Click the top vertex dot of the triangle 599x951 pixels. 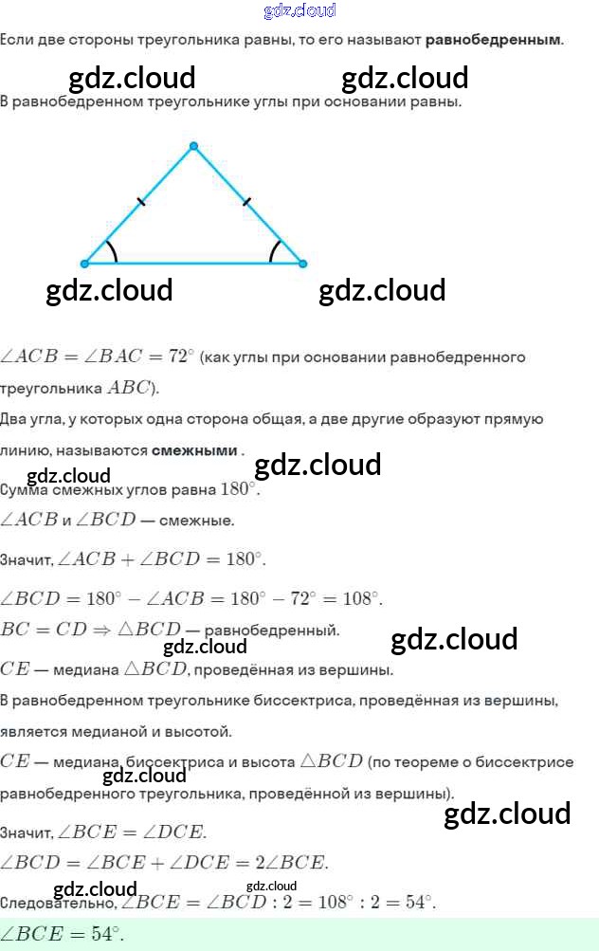193,146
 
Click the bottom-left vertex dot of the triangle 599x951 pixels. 84,264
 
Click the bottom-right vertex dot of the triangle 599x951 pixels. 303,264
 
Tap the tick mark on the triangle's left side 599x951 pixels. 141,201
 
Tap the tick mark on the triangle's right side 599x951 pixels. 247,201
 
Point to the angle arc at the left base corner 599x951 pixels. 113,250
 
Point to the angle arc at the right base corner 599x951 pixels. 274,250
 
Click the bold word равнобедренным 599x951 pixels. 493,40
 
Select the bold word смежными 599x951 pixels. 193,450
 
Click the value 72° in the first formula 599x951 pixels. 180,357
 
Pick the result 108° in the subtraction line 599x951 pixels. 360,598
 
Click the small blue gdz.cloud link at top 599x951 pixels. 299,10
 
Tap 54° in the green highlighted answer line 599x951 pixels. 106,934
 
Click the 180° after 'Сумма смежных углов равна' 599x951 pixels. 238,490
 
